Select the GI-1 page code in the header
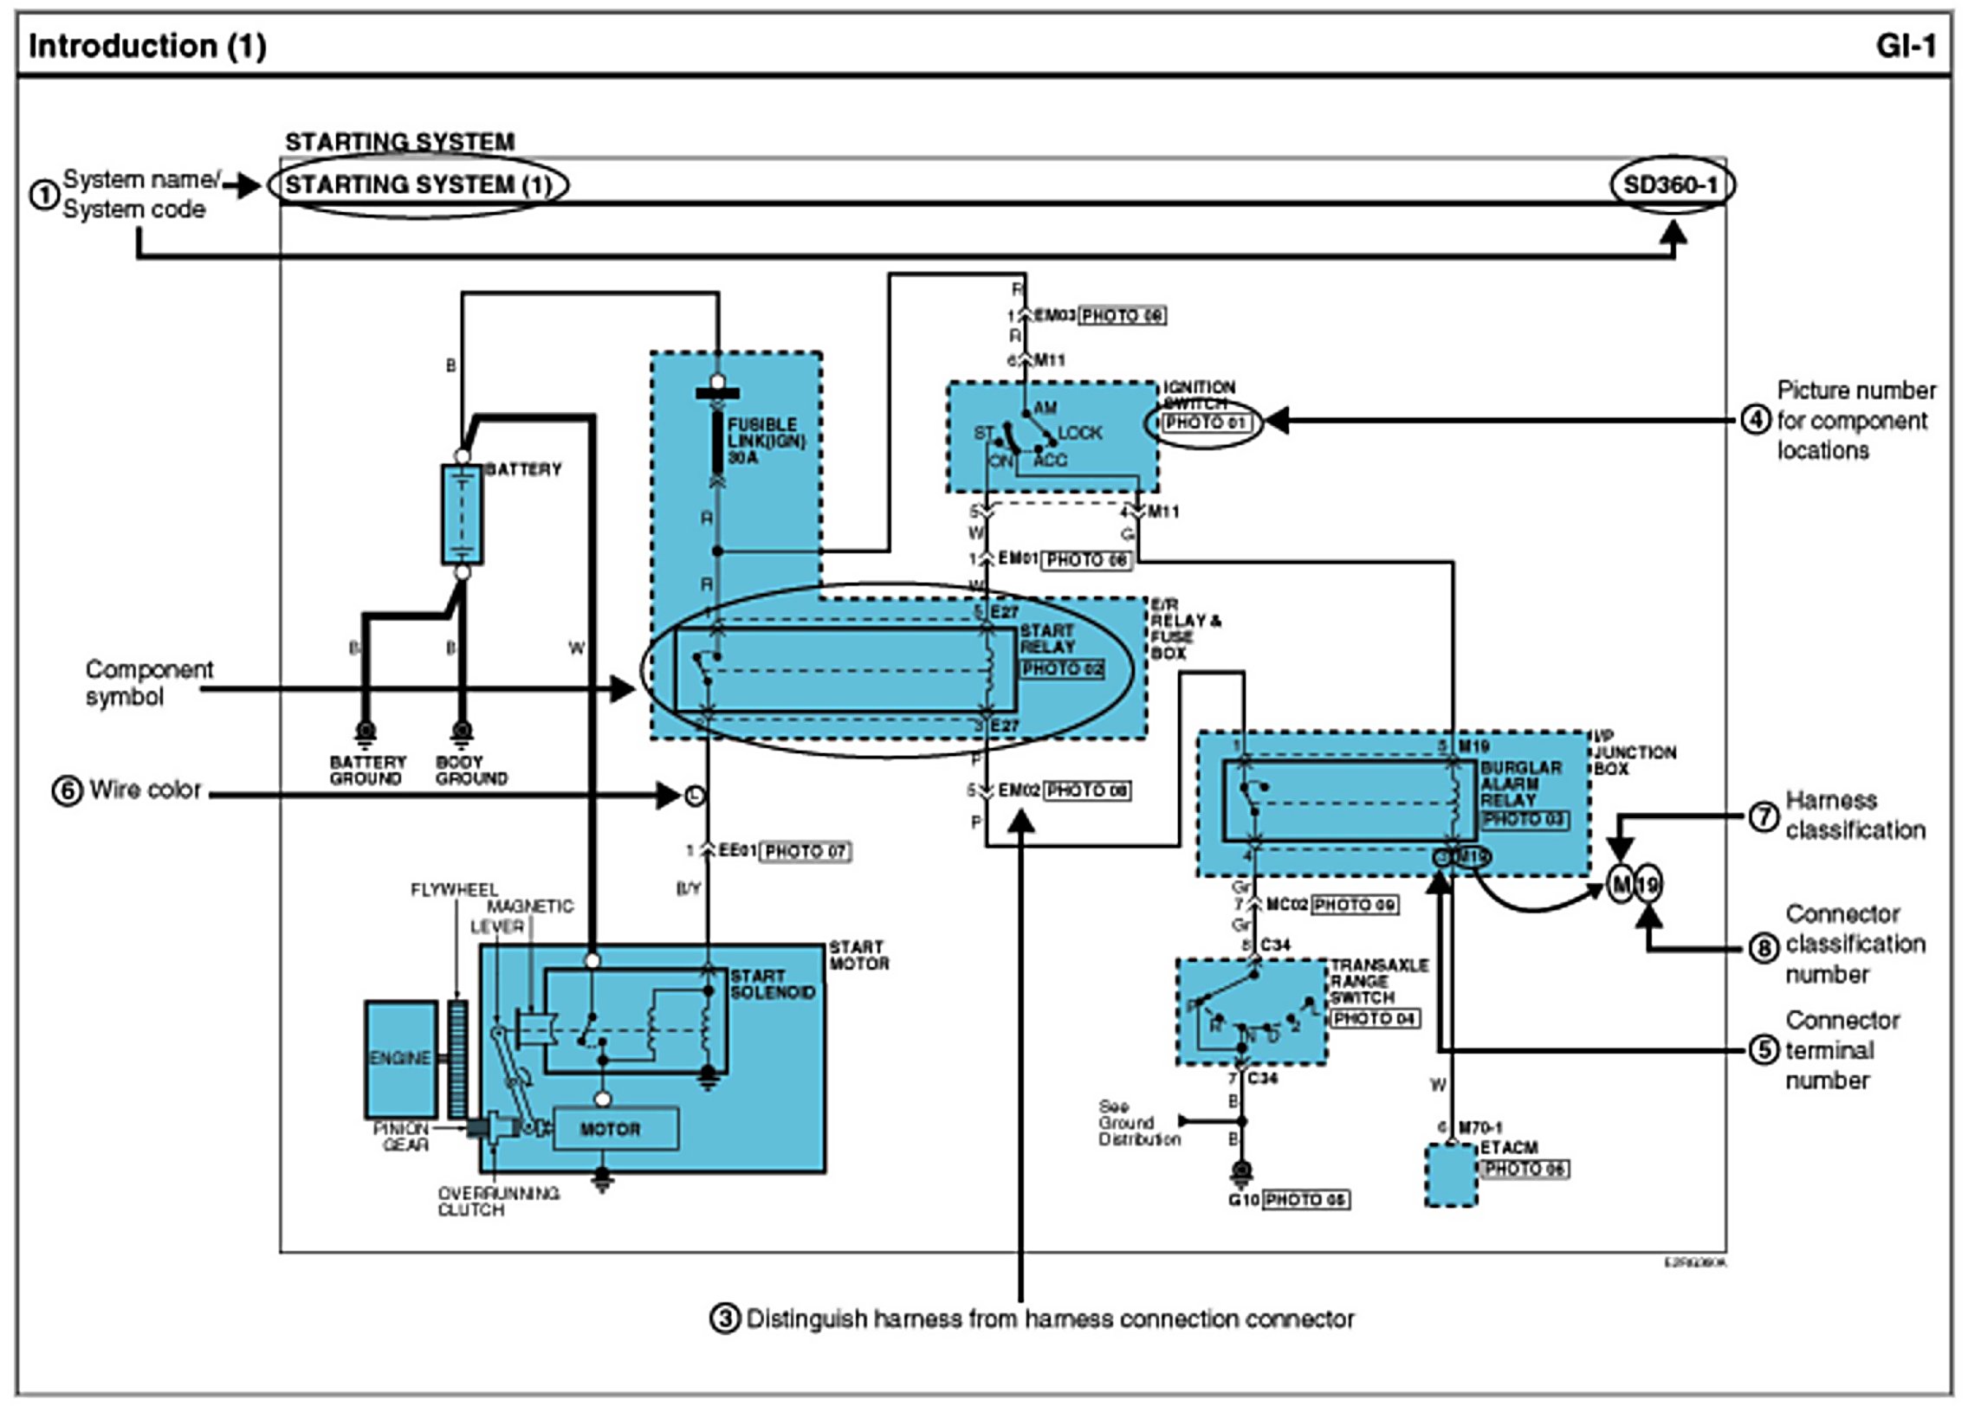pyautogui.click(x=1906, y=46)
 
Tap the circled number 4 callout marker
pyautogui.click(x=1755, y=421)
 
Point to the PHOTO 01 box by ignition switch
pyautogui.click(x=1205, y=423)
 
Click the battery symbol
pyautogui.click(x=462, y=514)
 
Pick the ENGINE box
pyautogui.click(x=399, y=1059)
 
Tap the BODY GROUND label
pyautogui.click(x=470, y=771)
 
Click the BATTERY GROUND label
pyautogui.click(x=367, y=771)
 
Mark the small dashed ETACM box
pyautogui.click(x=1451, y=1175)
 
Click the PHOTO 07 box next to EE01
pyautogui.click(x=806, y=852)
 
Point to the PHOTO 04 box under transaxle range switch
pyautogui.click(x=1375, y=1019)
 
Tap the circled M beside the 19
pyautogui.click(x=1620, y=885)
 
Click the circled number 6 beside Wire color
pyautogui.click(x=68, y=791)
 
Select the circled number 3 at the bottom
pyautogui.click(x=724, y=1319)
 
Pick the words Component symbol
pyautogui.click(x=148, y=683)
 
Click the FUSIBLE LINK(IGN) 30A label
pyautogui.click(x=766, y=441)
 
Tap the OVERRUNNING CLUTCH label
pyautogui.click(x=498, y=1202)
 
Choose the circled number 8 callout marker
pyautogui.click(x=1764, y=949)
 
